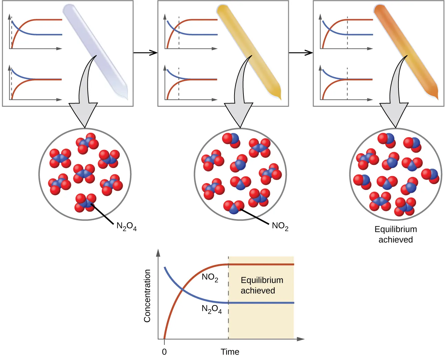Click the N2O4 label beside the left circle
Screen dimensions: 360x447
pyautogui.click(x=127, y=226)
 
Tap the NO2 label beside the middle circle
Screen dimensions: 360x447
pyautogui.click(x=280, y=226)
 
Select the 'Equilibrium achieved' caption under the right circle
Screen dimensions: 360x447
pyautogui.click(x=395, y=234)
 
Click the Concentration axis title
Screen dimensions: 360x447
pyautogui.click(x=148, y=296)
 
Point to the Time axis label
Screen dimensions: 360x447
pyautogui.click(x=230, y=352)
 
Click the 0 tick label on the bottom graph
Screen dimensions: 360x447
pyautogui.click(x=164, y=352)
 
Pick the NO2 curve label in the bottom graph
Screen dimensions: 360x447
pyautogui.click(x=210, y=278)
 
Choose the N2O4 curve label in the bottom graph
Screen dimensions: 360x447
pyautogui.click(x=211, y=310)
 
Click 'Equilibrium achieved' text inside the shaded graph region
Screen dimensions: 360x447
pyautogui.click(x=262, y=285)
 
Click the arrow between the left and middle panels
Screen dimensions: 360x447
pyautogui.click(x=145, y=53)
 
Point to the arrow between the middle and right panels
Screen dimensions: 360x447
pyautogui.click(x=301, y=53)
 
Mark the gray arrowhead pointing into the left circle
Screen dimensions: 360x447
pyautogui.click(x=84, y=115)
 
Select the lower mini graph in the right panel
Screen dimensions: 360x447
pyautogui.click(x=346, y=83)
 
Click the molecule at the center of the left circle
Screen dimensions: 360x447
pyautogui.click(x=84, y=173)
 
